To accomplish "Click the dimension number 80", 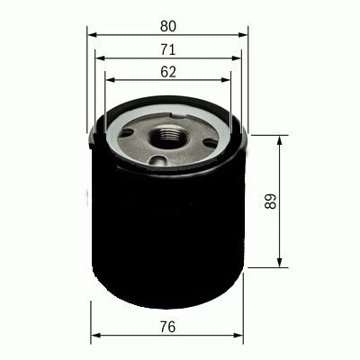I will [167, 15].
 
